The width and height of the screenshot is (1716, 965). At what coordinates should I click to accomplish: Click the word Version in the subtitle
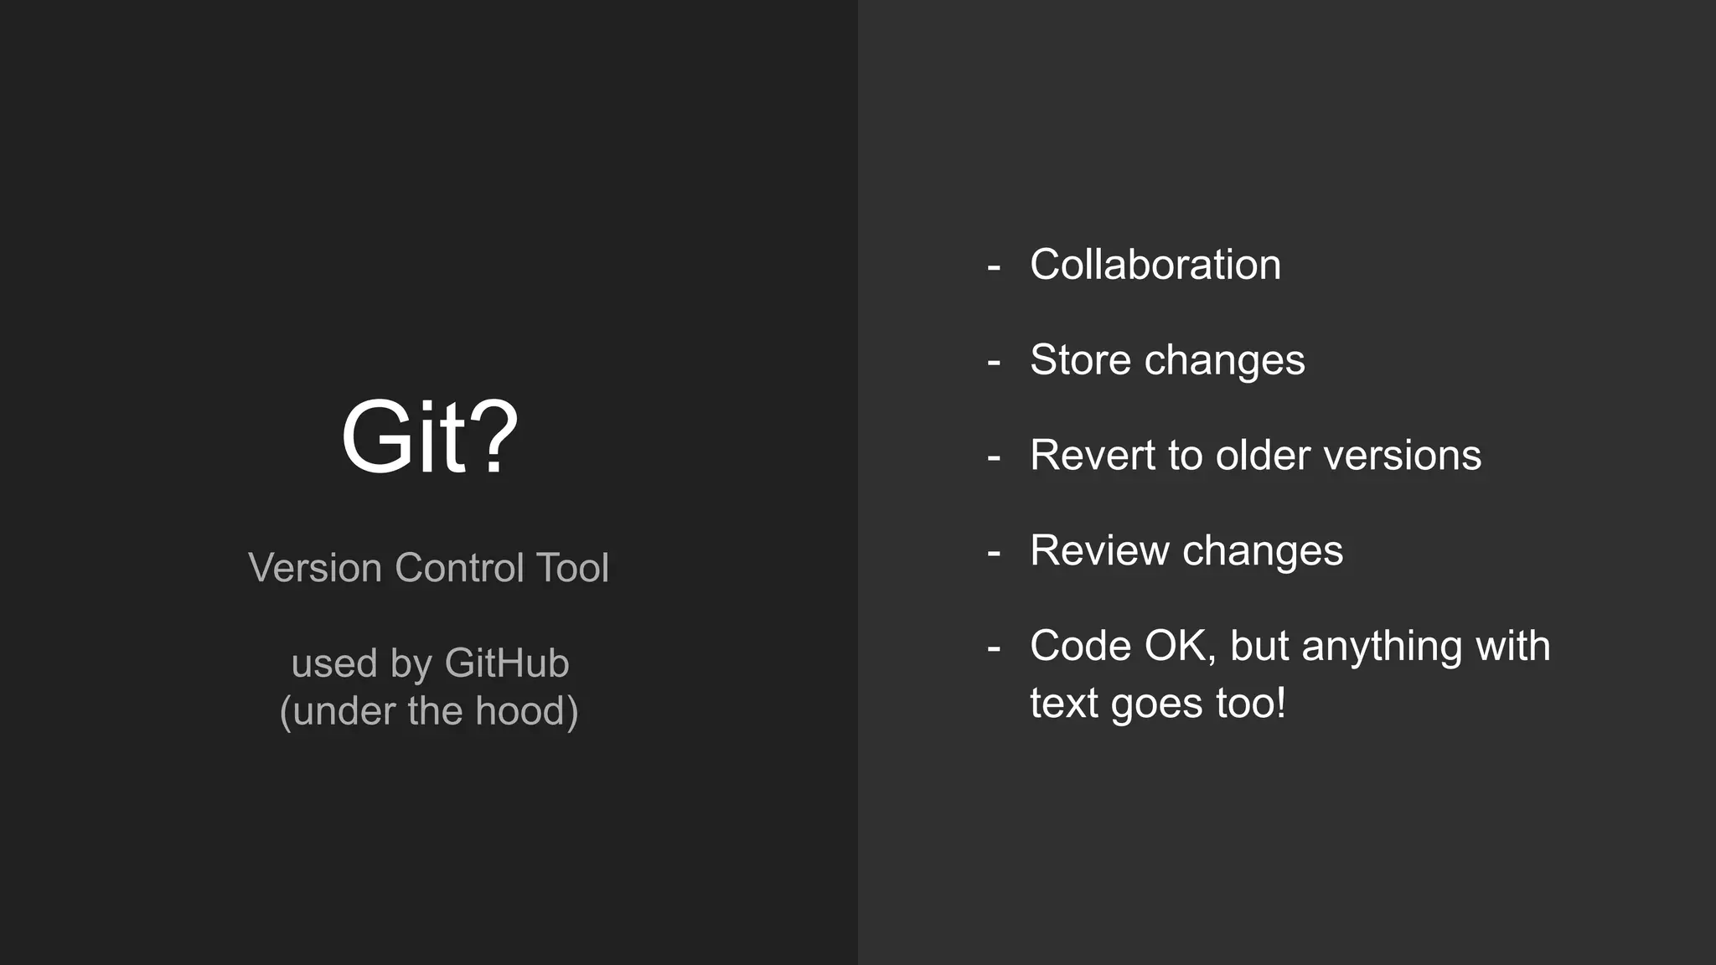[x=315, y=568]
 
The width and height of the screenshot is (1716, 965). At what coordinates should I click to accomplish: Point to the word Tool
[x=572, y=568]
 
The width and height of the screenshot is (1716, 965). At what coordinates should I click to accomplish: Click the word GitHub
[x=506, y=663]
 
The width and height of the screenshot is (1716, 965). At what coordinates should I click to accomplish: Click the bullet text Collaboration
[x=1155, y=265]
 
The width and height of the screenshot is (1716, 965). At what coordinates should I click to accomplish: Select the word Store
[x=1080, y=360]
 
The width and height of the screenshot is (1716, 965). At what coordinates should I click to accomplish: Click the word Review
[x=1098, y=551]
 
